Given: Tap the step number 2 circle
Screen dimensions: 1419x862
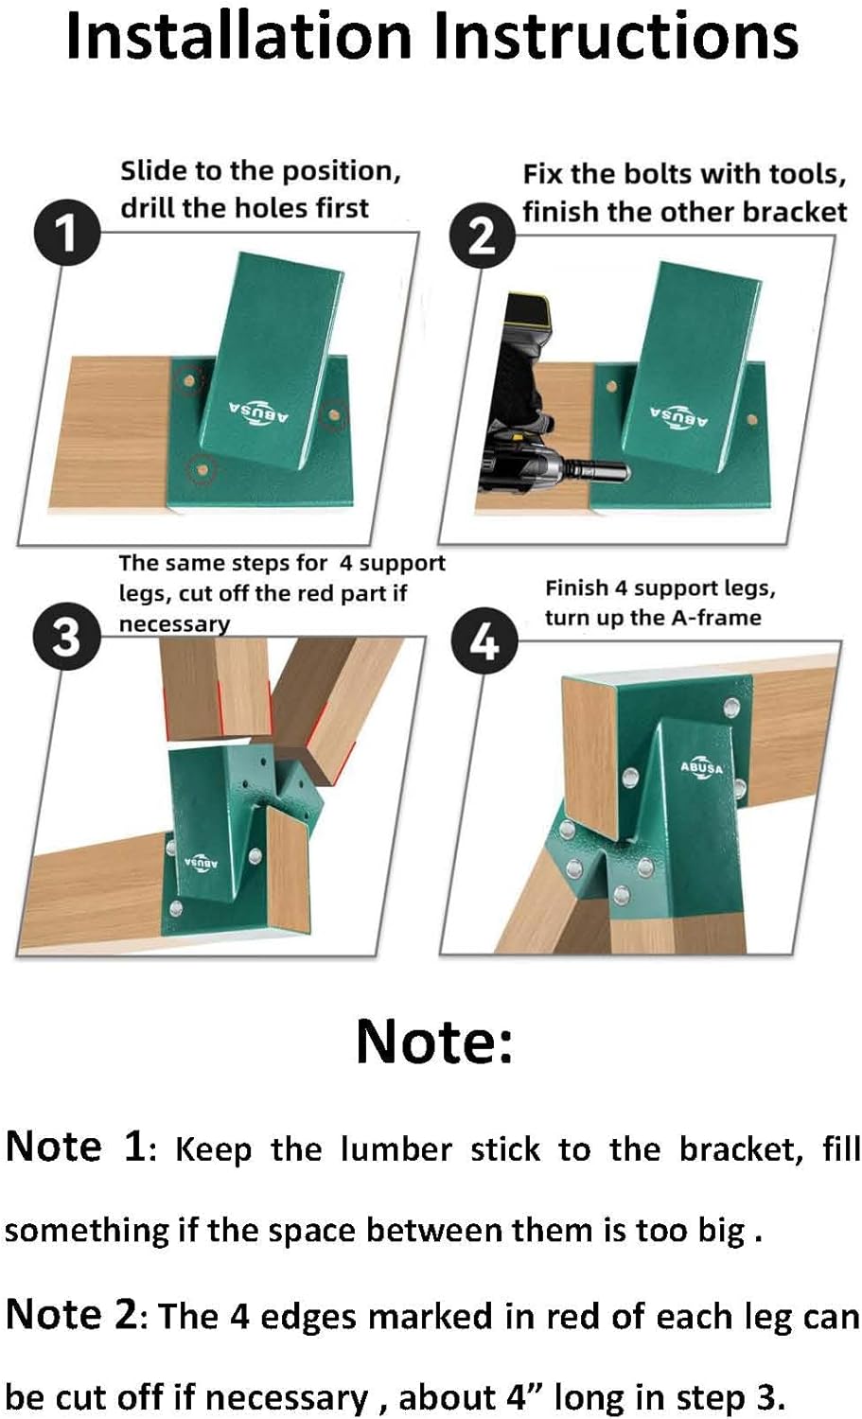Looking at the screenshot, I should click(x=482, y=235).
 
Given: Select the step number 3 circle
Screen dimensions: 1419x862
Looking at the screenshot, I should click(x=65, y=638).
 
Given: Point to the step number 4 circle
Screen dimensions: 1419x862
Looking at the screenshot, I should click(x=484, y=642).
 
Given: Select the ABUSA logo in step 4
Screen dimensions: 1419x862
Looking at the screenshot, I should click(x=702, y=768).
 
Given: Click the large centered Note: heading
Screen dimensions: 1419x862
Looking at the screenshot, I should click(x=434, y=1041).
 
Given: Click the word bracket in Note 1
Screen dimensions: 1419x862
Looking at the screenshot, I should click(x=739, y=1149).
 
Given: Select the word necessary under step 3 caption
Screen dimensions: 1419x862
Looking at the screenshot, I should click(x=174, y=624).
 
